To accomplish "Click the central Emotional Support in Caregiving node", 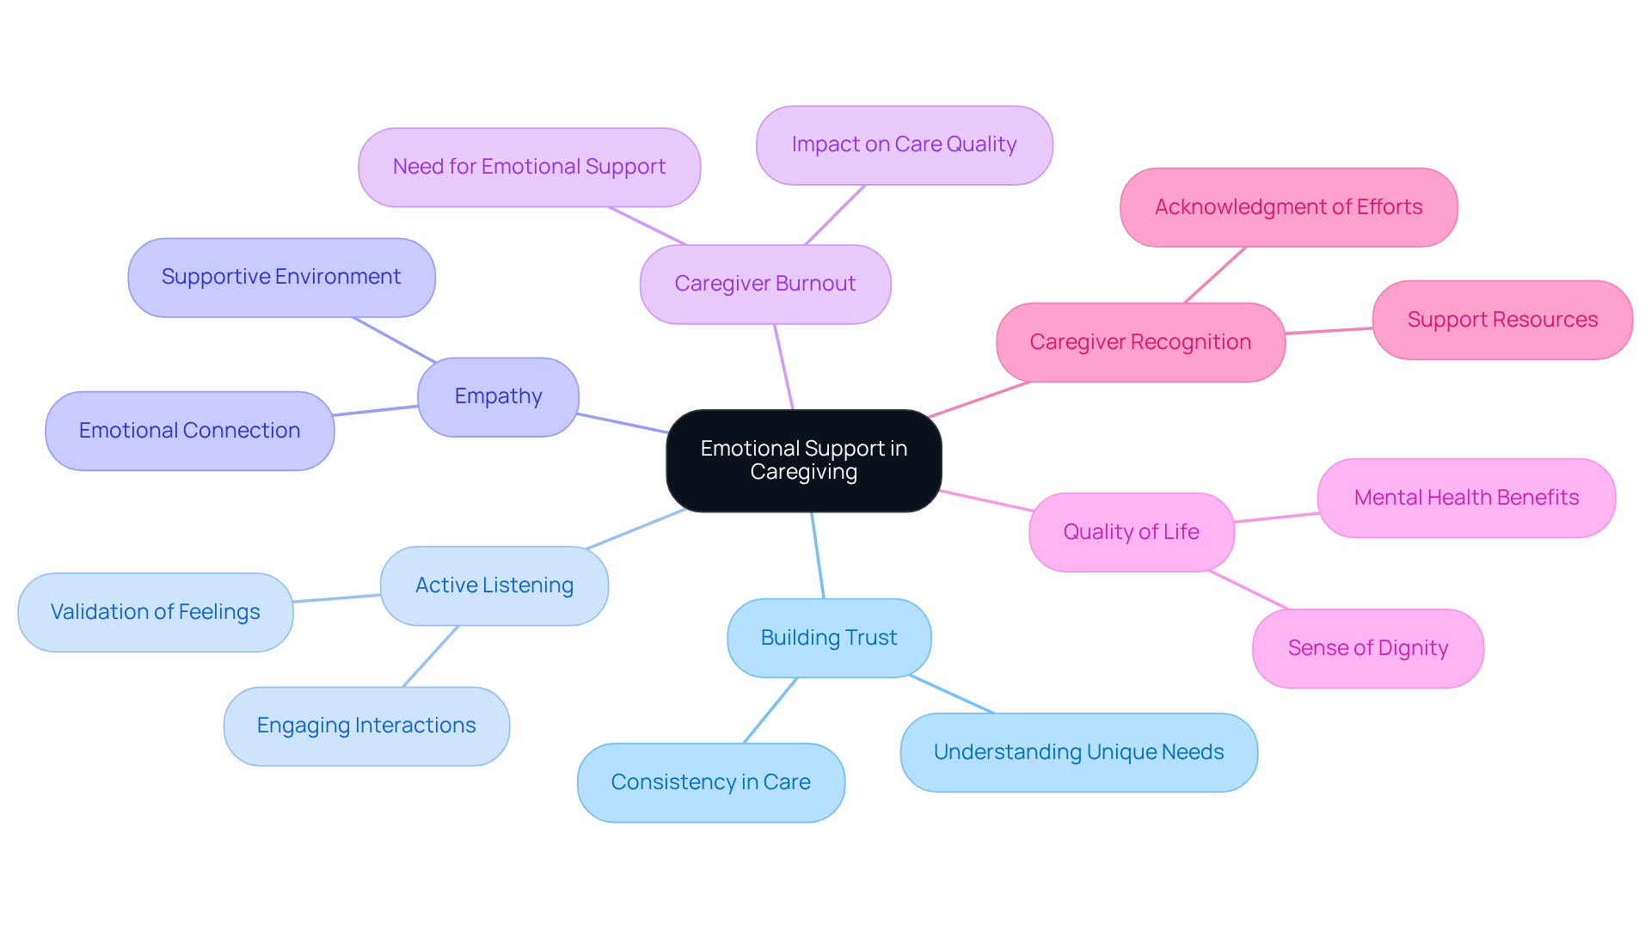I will [x=803, y=461].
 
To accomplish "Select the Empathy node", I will [x=498, y=397].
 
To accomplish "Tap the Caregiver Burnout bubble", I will [x=764, y=285].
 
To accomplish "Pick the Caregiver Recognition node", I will [x=1140, y=342].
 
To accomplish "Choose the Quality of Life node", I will [x=1131, y=532].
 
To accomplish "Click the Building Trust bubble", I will [x=828, y=638].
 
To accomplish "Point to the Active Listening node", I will [x=494, y=585].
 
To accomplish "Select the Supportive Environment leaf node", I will [x=281, y=278].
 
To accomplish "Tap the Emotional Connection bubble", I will [x=189, y=431].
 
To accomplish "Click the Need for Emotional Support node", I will [x=529, y=168].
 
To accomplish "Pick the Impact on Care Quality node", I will [x=904, y=145].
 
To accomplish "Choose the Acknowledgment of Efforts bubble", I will [x=1288, y=207].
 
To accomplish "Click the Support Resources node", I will [x=1501, y=320].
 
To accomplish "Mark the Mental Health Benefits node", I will [x=1466, y=498].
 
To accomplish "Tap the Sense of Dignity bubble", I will [x=1367, y=648].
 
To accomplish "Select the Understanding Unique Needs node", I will [x=1078, y=752].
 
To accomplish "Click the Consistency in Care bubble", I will [x=710, y=782].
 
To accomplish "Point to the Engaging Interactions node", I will [x=366, y=726].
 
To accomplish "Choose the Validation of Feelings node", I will [x=155, y=612].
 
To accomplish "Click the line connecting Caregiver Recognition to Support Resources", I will [x=1329, y=330].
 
